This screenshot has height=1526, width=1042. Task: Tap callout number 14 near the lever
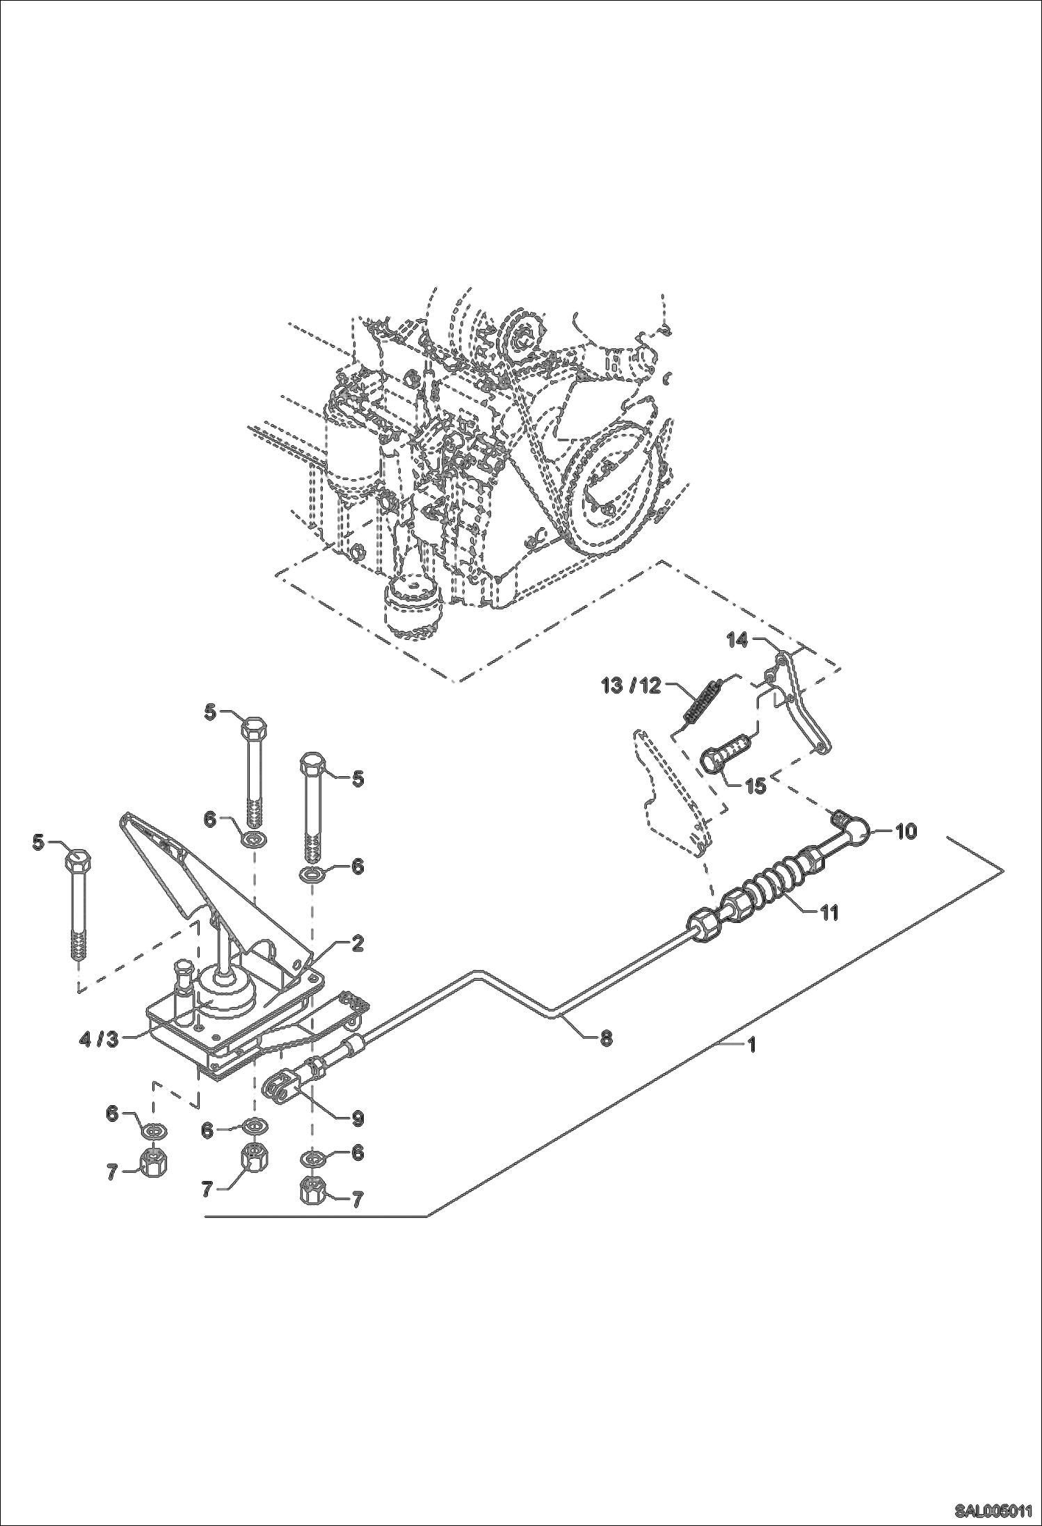pyautogui.click(x=737, y=640)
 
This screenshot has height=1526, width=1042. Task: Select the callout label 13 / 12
pyautogui.click(x=631, y=686)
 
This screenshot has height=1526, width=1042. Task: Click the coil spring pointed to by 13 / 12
pyautogui.click(x=703, y=702)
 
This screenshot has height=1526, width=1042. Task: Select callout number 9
pyautogui.click(x=356, y=1118)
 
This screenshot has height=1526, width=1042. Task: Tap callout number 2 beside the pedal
pyautogui.click(x=356, y=944)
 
